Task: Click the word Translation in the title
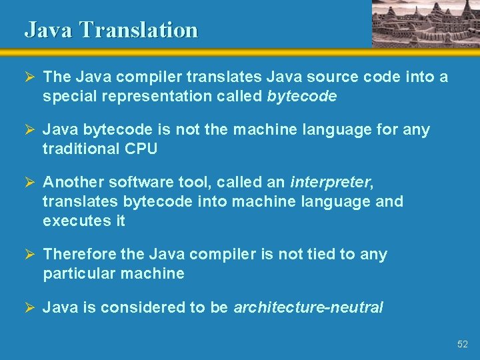tap(138, 30)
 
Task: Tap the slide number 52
tap(462, 344)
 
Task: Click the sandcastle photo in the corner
tap(425, 23)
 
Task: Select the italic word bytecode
tap(301, 96)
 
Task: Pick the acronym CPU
tap(141, 149)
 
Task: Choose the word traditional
tap(81, 149)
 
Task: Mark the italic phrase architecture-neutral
tap(308, 307)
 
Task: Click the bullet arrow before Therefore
tap(31, 255)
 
